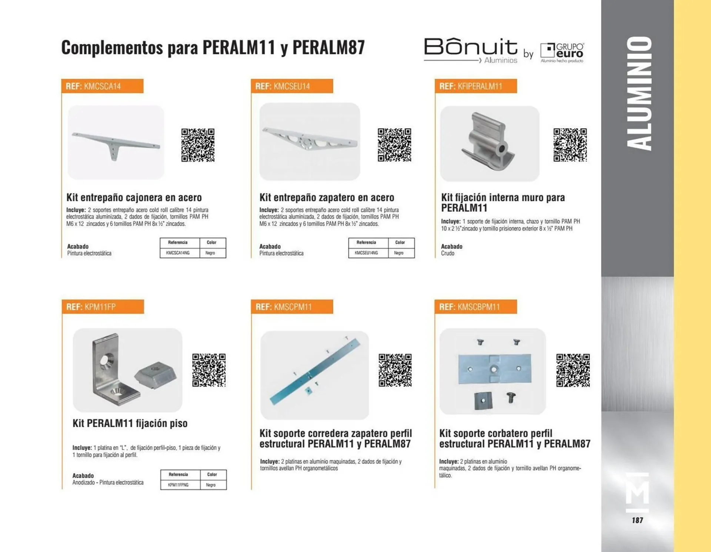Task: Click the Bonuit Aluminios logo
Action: click(x=471, y=50)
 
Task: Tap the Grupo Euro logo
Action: click(x=562, y=53)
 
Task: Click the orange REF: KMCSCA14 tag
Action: click(x=102, y=86)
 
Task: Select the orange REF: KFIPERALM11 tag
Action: click(x=475, y=86)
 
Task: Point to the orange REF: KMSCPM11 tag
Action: click(x=292, y=307)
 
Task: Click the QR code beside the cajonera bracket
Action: click(x=198, y=145)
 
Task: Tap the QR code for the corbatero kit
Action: click(x=573, y=370)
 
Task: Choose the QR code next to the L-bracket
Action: click(x=209, y=370)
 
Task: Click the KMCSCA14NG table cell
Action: click(x=178, y=253)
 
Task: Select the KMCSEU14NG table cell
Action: click(x=366, y=253)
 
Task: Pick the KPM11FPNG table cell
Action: click(x=178, y=485)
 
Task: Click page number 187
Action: click(x=637, y=520)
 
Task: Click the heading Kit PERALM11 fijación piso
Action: click(x=130, y=423)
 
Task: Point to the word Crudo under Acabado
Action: click(x=447, y=254)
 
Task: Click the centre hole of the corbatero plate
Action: click(x=494, y=369)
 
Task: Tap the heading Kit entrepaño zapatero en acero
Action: click(x=327, y=197)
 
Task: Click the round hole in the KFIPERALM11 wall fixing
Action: click(x=502, y=149)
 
